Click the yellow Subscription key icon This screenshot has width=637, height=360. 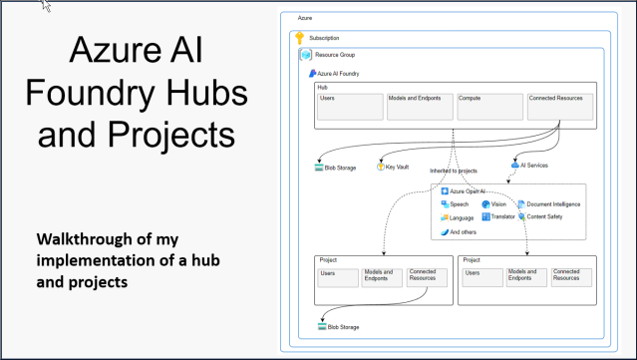click(300, 38)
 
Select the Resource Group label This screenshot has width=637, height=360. click(335, 55)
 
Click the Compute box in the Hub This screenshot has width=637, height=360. click(489, 105)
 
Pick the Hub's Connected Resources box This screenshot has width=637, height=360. click(560, 105)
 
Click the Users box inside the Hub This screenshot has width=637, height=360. click(350, 105)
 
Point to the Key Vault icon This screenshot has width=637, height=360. click(380, 167)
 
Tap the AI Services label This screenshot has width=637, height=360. click(534, 166)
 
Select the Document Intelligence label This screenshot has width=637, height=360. click(553, 203)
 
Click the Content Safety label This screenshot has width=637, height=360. click(547, 216)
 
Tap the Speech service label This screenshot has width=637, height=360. click(459, 203)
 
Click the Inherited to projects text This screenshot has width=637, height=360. click(458, 173)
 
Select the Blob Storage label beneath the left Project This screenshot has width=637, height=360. click(343, 326)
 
